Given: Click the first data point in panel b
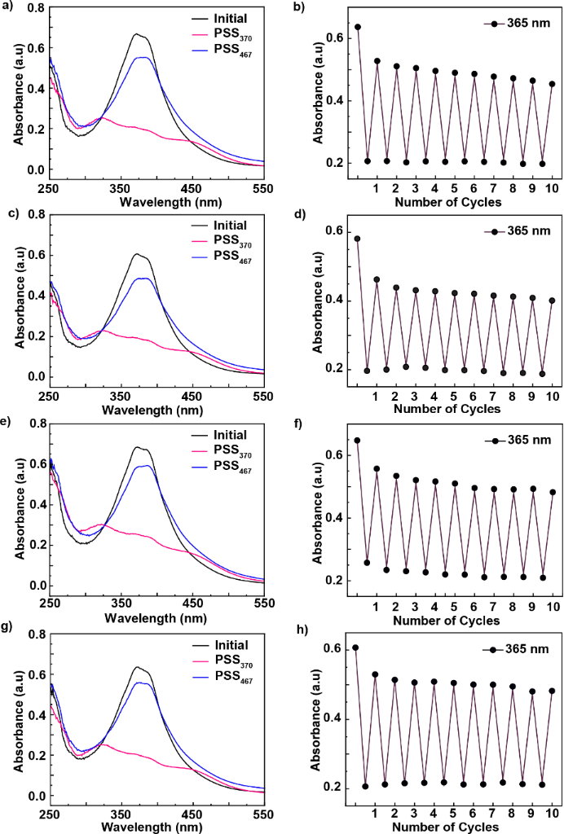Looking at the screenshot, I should [357, 27].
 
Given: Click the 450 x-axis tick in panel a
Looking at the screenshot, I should [193, 187].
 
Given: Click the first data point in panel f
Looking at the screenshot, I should [357, 441].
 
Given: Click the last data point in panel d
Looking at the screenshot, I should [552, 300].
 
